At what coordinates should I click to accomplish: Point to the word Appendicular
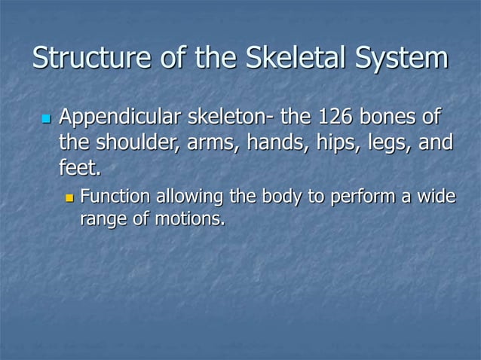tap(120, 118)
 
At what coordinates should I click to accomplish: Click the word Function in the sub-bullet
tap(113, 197)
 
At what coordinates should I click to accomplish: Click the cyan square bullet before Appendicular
tap(44, 119)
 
